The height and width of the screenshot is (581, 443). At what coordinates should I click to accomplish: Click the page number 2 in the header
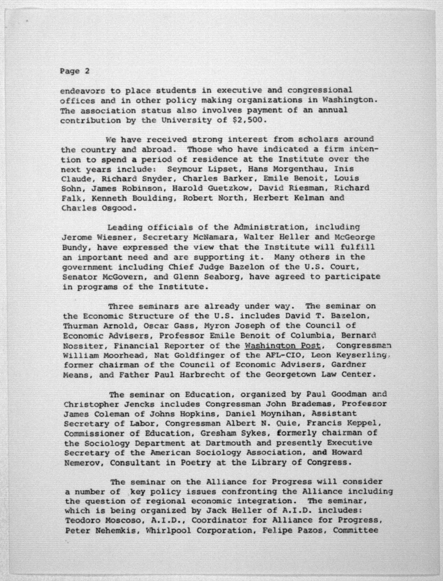87,71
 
